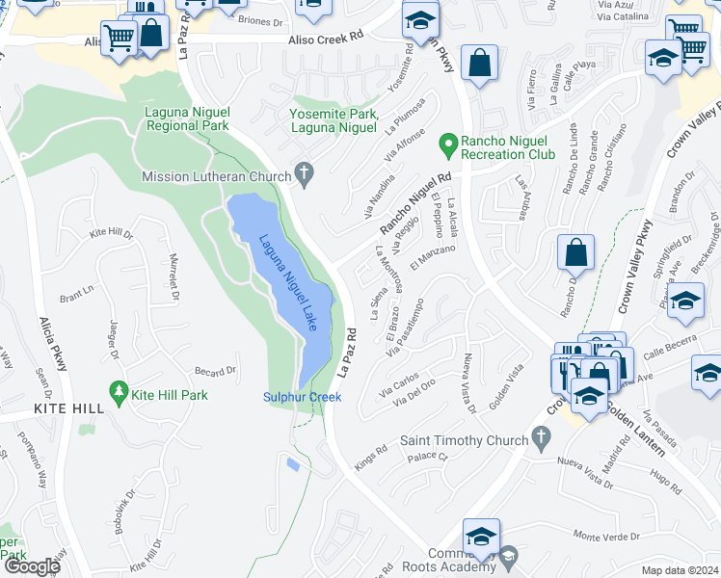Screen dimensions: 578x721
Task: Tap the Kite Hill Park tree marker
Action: [120, 392]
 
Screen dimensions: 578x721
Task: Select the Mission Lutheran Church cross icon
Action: [305, 175]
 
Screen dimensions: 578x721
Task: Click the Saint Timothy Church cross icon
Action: [541, 440]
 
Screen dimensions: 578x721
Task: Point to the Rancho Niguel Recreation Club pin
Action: [447, 145]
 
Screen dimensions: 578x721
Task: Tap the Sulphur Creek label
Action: [302, 397]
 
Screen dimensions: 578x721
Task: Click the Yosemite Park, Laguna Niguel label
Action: [333, 120]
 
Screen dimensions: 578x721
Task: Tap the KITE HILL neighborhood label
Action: [68, 409]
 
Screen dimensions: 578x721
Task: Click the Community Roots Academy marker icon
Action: [509, 555]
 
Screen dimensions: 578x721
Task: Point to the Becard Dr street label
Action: [216, 371]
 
